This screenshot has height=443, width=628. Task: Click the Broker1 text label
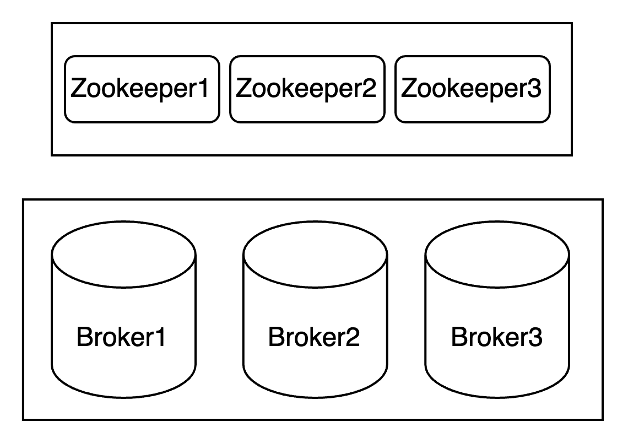[121, 337]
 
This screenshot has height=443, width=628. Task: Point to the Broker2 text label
[314, 337]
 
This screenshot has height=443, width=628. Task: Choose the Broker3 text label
[496, 337]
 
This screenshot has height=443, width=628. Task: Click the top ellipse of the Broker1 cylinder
[123, 255]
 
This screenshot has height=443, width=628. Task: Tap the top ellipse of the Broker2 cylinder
[315, 255]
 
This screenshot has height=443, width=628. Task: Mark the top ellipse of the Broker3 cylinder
[497, 255]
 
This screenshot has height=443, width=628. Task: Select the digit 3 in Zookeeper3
[534, 88]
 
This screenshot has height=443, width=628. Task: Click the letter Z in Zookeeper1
[79, 88]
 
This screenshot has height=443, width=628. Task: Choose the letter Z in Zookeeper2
[243, 88]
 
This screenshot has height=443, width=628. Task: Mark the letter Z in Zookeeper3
[409, 88]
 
